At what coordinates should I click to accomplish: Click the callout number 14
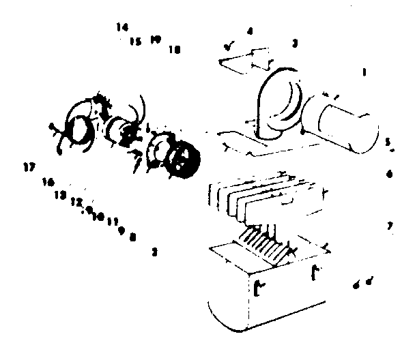(122, 27)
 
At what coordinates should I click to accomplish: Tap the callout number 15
(134, 42)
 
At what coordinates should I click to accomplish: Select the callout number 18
(174, 49)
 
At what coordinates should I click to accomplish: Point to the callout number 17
(28, 167)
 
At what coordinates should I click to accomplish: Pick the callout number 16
(48, 182)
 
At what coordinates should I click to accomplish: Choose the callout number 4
(250, 31)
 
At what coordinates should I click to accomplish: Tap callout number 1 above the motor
(364, 72)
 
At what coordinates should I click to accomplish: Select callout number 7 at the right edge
(390, 225)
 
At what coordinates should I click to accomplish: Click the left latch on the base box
(257, 287)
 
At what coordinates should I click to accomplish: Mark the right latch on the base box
(316, 273)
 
